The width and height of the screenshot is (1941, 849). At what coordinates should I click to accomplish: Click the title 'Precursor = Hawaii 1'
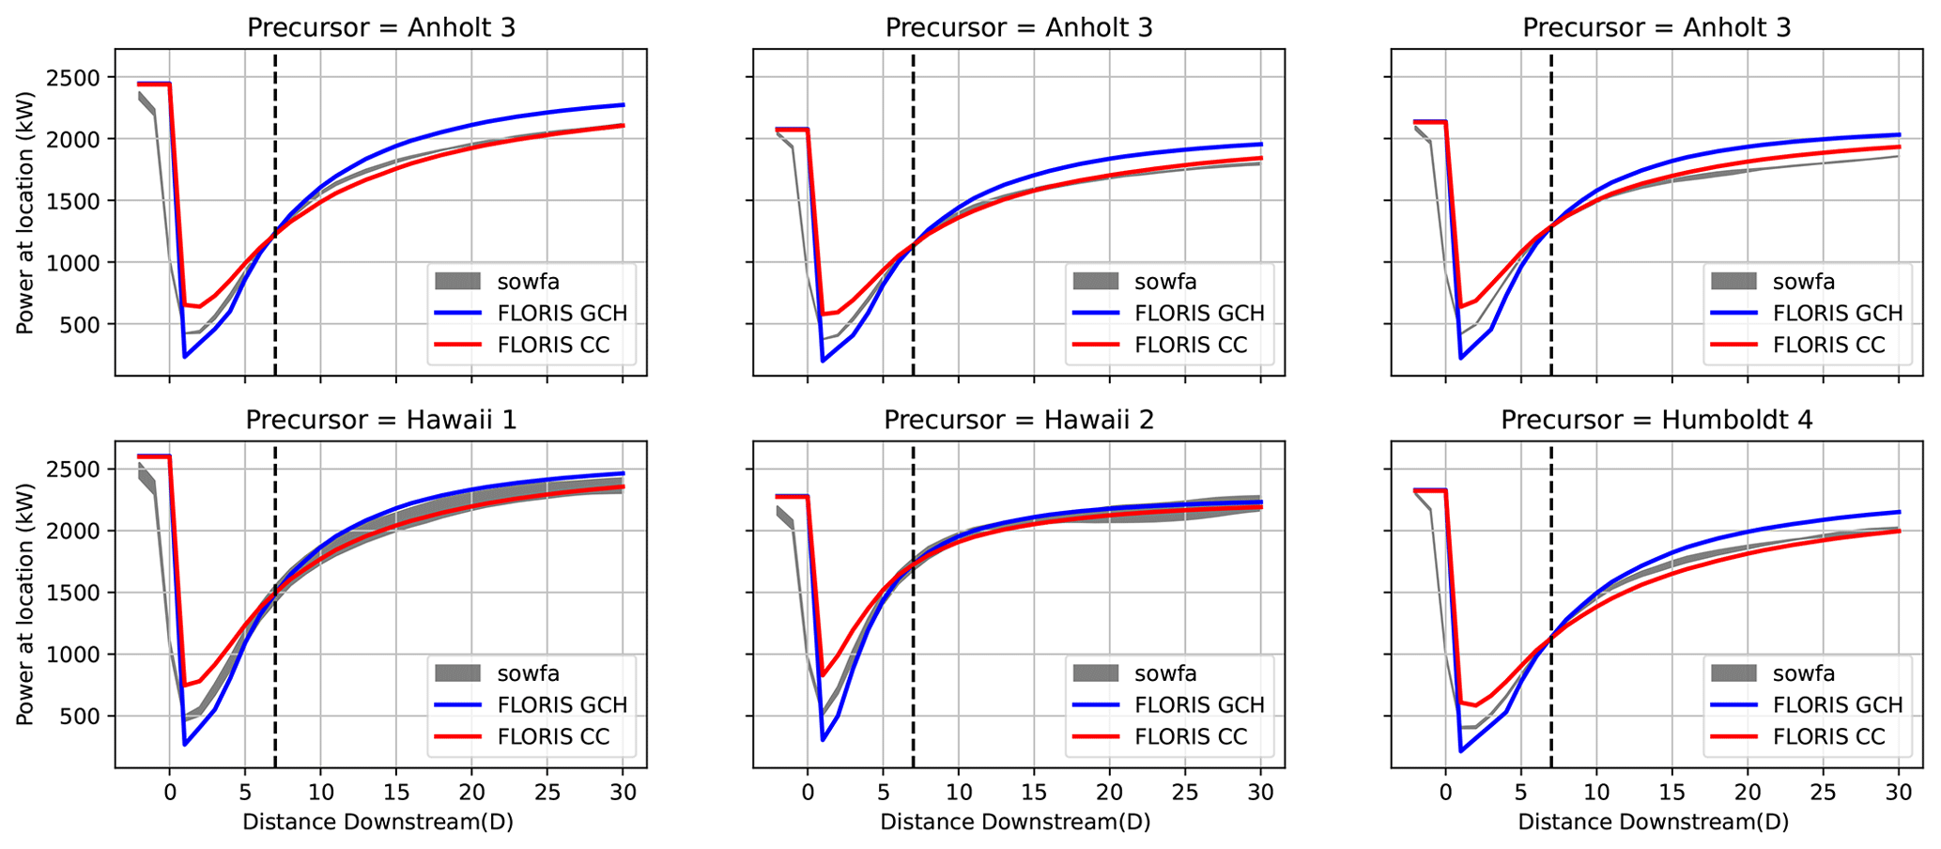coord(380,420)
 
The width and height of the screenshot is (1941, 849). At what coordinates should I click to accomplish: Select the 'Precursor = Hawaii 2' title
coord(1019,420)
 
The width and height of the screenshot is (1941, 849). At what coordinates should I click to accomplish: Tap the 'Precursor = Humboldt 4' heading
coord(1656,420)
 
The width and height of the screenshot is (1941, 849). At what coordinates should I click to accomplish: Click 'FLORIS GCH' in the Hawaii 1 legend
coord(562,704)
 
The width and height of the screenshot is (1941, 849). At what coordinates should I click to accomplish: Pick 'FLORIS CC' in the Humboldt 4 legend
coord(1828,736)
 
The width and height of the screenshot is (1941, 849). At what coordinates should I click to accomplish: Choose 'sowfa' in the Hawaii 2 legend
coord(1165,672)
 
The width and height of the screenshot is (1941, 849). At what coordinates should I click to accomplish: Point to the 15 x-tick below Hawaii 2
coord(1034,793)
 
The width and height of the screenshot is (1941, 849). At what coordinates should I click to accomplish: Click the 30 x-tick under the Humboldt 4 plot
coord(1899,793)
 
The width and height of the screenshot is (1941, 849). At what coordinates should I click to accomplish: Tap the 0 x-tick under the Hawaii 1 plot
coord(169,793)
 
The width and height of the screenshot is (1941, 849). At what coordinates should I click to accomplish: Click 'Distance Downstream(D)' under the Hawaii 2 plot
coord(1015,823)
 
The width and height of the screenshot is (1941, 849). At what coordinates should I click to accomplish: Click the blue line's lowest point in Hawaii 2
coord(823,740)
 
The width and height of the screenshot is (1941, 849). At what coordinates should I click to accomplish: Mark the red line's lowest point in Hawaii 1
coord(185,685)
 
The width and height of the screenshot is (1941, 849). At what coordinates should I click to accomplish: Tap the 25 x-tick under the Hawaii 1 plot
coord(547,793)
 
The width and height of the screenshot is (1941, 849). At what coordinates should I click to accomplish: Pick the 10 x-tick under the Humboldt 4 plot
coord(1596,793)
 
